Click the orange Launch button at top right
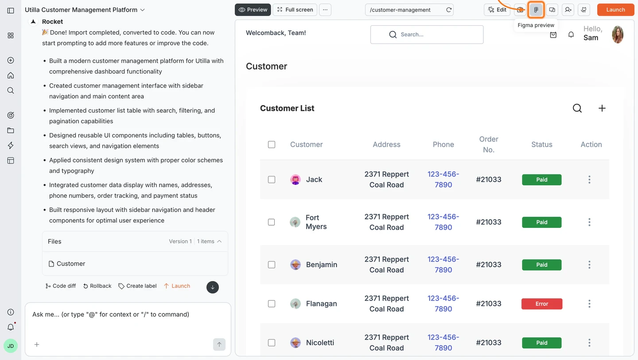615,10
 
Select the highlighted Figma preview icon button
536,10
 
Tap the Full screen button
295,10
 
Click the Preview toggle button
253,10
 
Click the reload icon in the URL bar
449,10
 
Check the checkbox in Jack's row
272,180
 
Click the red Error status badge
542,304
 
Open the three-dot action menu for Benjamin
589,265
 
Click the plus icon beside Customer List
602,108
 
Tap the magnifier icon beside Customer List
577,108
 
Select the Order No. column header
489,145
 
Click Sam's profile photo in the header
618,35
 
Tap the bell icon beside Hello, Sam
571,35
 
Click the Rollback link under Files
97,286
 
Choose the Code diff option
61,286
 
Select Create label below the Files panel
137,286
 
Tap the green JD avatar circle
11,346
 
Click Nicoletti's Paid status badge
542,343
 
